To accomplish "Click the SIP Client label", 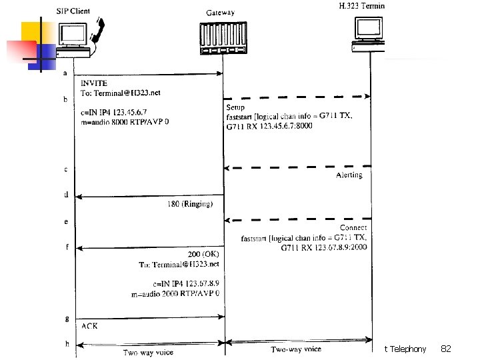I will coord(73,12).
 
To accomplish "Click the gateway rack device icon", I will coord(223,38).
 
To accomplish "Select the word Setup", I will coord(235,107).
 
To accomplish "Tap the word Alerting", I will coord(349,175).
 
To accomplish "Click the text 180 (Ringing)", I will coord(190,204).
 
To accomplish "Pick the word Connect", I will coord(353,228).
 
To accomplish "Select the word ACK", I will coord(89,326).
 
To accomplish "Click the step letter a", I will coord(65,73).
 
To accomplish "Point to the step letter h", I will coord(65,344).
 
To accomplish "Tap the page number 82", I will coord(447,349).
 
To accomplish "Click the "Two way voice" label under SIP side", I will coord(149,352).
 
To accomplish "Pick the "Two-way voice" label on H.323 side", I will coord(296,349).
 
